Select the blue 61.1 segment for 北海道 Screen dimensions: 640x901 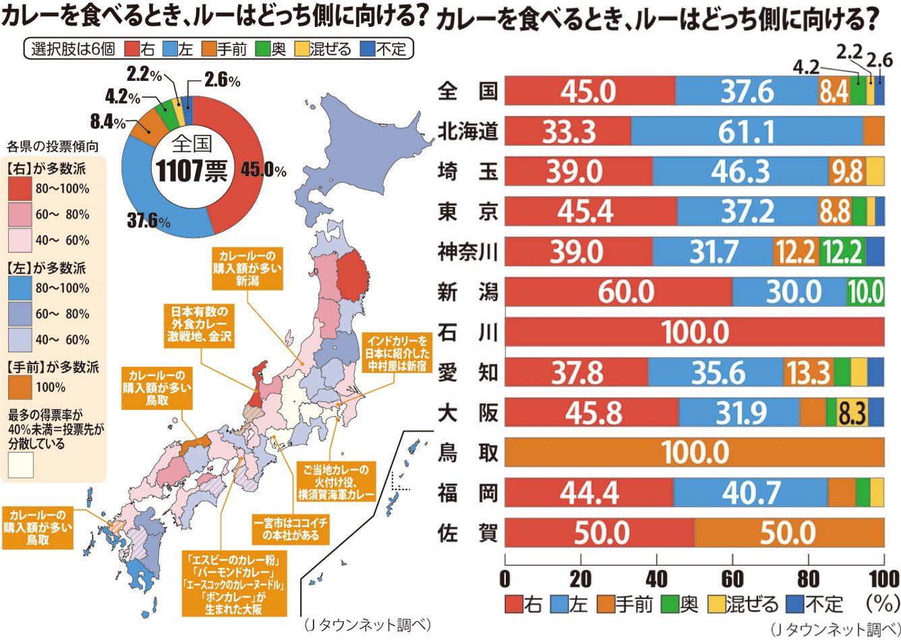click(747, 131)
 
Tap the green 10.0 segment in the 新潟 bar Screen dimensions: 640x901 click(865, 292)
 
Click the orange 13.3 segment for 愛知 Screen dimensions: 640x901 click(809, 372)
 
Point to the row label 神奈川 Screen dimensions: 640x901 click(467, 252)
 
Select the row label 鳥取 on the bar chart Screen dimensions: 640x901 click(467, 453)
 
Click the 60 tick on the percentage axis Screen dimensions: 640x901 click(732, 579)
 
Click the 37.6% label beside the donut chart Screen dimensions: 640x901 click(149, 221)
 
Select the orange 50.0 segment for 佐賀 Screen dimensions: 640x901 click(788, 533)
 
